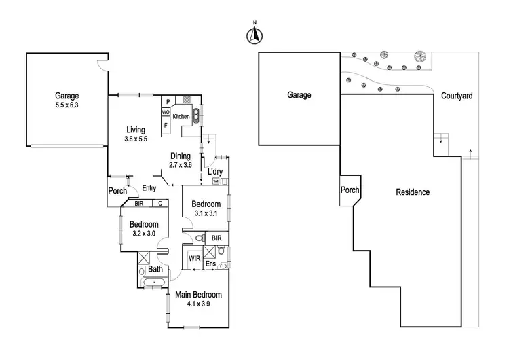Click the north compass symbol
254,35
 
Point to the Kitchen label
181,117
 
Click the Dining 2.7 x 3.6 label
181,160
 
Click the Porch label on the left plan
118,191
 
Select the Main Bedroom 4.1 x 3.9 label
199,299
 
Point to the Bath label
155,269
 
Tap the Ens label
210,264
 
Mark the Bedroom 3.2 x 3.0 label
144,228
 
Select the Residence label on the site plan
413,192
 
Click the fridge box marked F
166,125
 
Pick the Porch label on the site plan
350,190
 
